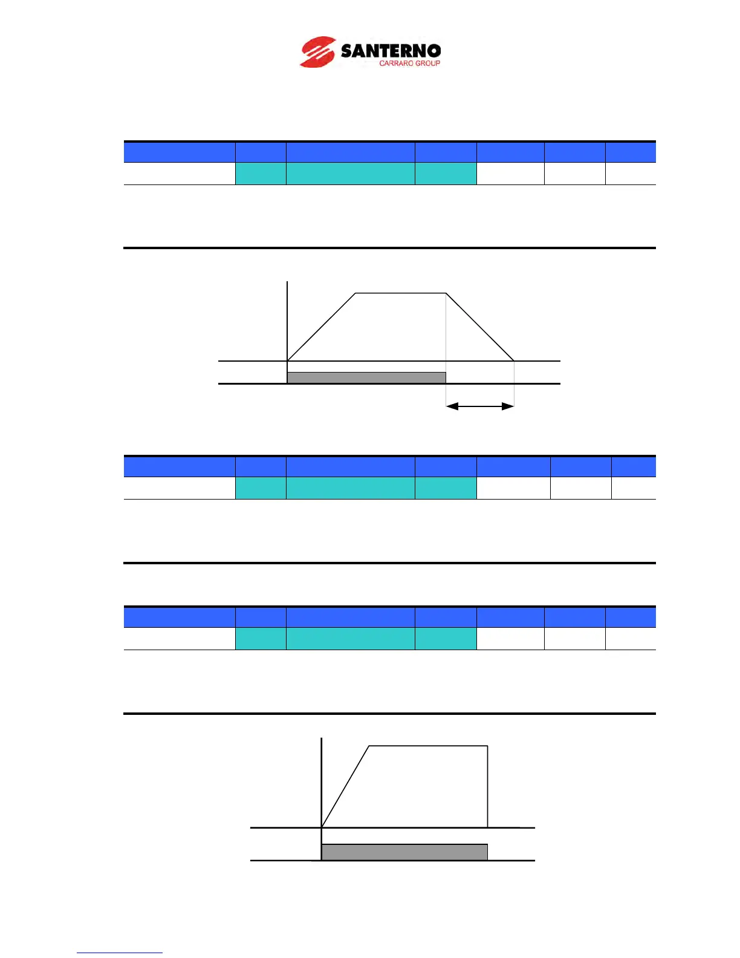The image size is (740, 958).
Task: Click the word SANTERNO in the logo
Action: (391, 50)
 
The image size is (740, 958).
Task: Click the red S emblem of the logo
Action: (317, 52)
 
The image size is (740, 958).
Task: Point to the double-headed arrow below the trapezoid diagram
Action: (480, 406)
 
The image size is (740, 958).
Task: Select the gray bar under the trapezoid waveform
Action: (366, 378)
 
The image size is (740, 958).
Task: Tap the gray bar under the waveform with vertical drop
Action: (404, 852)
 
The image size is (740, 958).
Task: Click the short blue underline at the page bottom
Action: (119, 953)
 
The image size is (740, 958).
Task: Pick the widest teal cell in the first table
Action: (350, 174)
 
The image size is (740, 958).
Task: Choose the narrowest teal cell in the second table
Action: (261, 488)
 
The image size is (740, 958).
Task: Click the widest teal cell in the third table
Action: (350, 639)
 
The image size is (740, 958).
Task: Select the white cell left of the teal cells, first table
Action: (180, 174)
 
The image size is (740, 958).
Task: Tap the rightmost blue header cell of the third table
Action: (631, 617)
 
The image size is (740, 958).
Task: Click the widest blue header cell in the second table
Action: (350, 467)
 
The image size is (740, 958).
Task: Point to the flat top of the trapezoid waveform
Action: (400, 293)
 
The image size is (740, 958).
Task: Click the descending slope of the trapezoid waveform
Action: (480, 327)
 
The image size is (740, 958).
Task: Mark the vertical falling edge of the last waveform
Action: (487, 786)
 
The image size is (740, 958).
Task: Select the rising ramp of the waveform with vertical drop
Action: (345, 787)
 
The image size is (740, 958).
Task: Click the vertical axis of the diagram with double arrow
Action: (287, 321)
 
